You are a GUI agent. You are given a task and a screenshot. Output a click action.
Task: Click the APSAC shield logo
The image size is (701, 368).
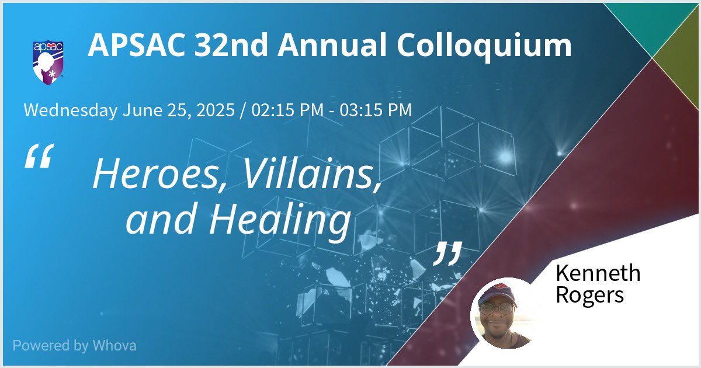pyautogui.click(x=48, y=61)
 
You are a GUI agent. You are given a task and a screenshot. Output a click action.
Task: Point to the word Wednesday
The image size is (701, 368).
pyautogui.click(x=70, y=110)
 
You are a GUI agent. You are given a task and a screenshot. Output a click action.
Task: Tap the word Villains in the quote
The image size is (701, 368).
pyautogui.click(x=310, y=174)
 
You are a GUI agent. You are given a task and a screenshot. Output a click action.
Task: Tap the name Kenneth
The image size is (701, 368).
pyautogui.click(x=598, y=273)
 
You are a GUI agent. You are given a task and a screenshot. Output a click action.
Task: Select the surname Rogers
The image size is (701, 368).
pyautogui.click(x=589, y=295)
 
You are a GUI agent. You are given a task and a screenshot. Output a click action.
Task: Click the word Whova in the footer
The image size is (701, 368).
pyautogui.click(x=114, y=345)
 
